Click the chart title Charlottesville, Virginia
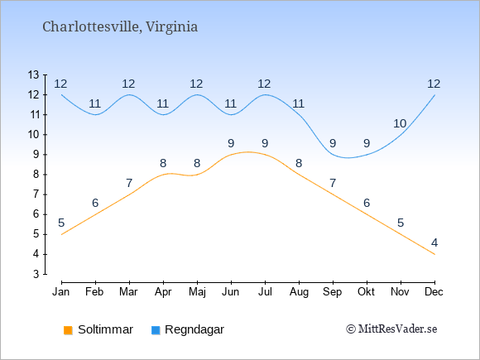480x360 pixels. click(120, 27)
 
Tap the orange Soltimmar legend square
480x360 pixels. click(68, 330)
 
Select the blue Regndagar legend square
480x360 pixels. click(156, 330)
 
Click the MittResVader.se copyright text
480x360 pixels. click(391, 329)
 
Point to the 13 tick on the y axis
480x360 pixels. click(33, 74)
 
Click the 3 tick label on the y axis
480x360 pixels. click(36, 274)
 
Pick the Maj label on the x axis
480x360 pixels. click(197, 292)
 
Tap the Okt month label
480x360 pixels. click(366, 292)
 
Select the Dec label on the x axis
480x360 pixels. click(434, 292)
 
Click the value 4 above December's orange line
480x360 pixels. click(434, 243)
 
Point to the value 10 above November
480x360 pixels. click(400, 123)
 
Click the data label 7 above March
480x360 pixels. click(129, 184)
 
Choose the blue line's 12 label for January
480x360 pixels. click(60, 84)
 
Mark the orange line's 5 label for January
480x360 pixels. click(61, 223)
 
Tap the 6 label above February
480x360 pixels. click(95, 203)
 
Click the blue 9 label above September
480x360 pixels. click(333, 143)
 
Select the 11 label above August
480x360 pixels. click(298, 103)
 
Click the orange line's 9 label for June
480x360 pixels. click(231, 143)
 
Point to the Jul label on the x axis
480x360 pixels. click(265, 292)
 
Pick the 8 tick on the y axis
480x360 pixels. click(36, 175)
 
